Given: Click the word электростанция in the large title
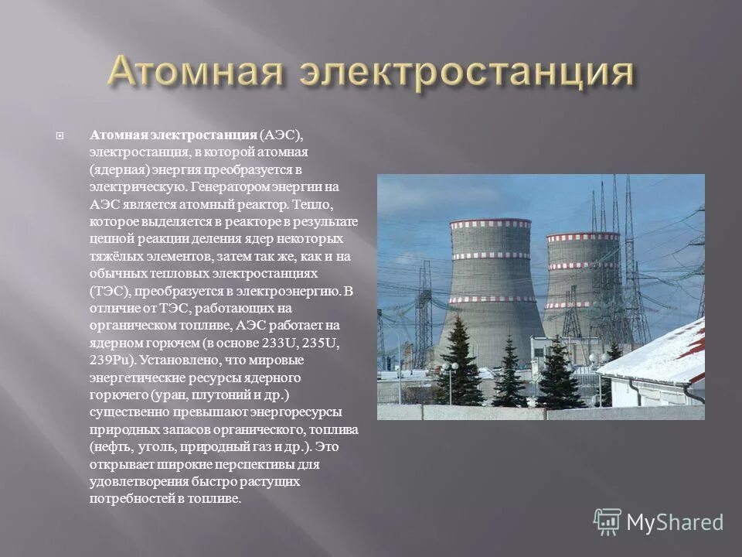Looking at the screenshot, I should [x=464, y=73].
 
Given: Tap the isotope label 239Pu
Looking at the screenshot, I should [x=111, y=361].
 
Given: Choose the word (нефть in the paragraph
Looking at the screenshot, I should [x=110, y=447].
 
